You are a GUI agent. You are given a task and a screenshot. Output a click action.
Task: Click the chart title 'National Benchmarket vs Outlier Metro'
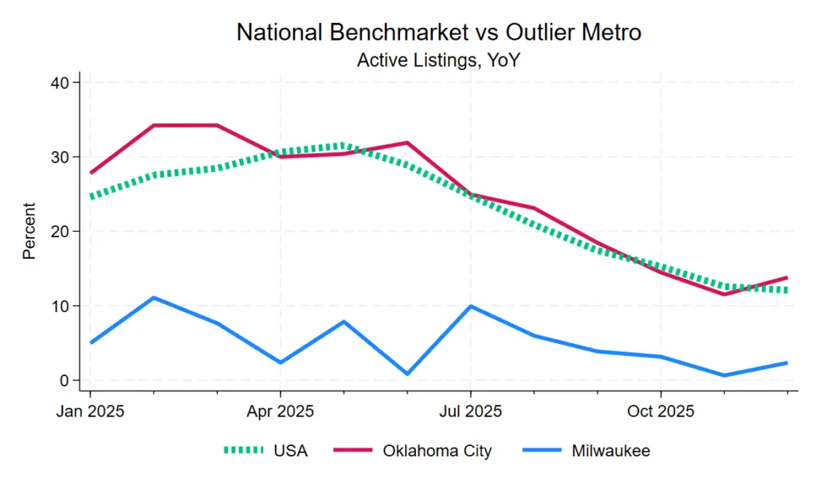point(439,33)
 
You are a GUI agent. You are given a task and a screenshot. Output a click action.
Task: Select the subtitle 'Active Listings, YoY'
point(439,60)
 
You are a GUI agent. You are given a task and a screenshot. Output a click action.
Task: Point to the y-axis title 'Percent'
point(29,231)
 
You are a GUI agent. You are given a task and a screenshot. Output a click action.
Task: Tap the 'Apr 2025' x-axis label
point(280,412)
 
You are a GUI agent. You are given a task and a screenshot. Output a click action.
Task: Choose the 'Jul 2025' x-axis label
point(470,412)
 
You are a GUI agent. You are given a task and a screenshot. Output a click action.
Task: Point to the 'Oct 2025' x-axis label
point(661,412)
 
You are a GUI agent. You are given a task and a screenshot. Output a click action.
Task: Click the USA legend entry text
point(290,451)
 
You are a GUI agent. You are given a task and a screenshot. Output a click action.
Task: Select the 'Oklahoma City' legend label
point(437,451)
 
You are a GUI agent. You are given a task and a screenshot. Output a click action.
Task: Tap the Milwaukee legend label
point(610,451)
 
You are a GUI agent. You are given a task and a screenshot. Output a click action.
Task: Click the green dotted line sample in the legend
point(242,451)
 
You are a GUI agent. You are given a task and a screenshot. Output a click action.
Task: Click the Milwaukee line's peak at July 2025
point(470,306)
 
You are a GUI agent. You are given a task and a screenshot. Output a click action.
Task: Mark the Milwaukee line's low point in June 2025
point(407,374)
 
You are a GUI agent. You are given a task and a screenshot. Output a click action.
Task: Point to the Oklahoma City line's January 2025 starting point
point(91,173)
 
